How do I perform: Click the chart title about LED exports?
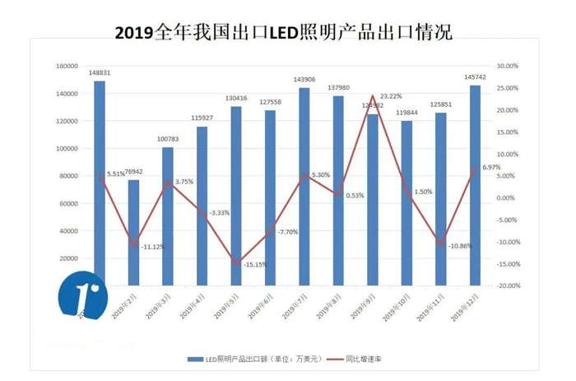click(x=283, y=32)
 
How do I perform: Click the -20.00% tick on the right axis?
click(x=507, y=286)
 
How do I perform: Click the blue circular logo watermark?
click(x=83, y=299)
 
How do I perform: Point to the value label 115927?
click(x=202, y=118)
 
